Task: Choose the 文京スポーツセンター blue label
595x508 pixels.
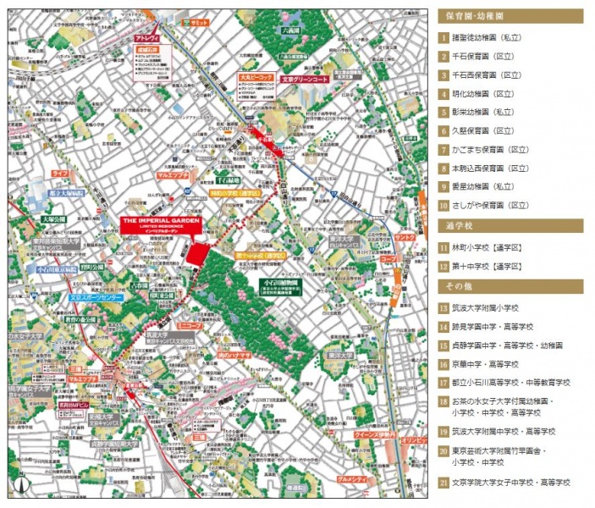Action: pos(96,299)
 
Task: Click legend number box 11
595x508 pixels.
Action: pos(443,248)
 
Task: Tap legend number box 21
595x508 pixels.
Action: pos(443,483)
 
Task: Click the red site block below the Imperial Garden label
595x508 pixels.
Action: pos(196,254)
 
